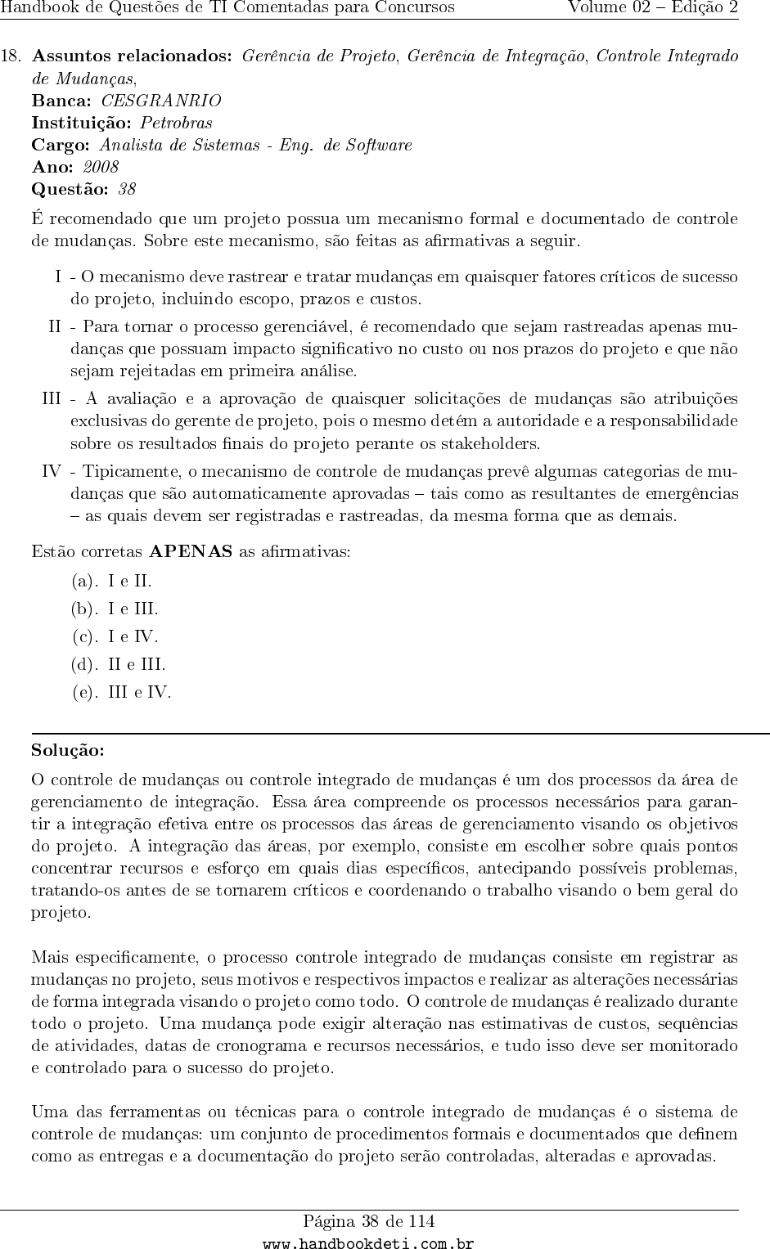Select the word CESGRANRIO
pos(160,101)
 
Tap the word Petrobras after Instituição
pos(176,123)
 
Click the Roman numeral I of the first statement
pos(58,276)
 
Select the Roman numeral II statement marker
pos(55,327)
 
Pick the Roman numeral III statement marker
pos(52,399)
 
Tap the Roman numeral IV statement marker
pos(52,472)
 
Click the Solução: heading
pos(68,750)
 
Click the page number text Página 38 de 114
pos(369,1222)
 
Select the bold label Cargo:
pos(61,145)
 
